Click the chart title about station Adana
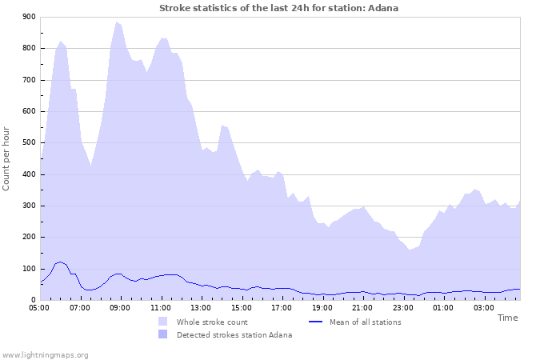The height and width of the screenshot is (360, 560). (278, 8)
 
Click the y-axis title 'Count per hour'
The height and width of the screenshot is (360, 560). (7, 158)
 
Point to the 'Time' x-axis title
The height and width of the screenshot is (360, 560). (507, 318)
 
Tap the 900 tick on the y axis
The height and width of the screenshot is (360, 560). (29, 17)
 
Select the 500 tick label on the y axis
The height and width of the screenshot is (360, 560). (29, 142)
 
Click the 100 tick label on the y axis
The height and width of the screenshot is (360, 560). (29, 269)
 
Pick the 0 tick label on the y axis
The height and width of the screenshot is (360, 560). (33, 300)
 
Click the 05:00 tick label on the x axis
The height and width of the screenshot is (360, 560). (39, 307)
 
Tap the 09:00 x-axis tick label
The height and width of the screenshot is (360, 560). (120, 307)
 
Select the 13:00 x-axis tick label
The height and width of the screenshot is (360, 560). (201, 307)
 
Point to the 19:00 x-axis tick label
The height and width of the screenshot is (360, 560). (322, 307)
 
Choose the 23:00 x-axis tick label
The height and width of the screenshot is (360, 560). (403, 307)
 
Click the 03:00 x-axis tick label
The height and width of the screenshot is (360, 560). (484, 307)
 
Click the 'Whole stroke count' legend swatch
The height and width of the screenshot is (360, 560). (163, 322)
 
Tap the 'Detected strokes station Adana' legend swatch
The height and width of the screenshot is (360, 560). (163, 334)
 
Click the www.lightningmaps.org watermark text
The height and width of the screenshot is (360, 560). (45, 354)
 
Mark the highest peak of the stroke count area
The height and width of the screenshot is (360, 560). (116, 22)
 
